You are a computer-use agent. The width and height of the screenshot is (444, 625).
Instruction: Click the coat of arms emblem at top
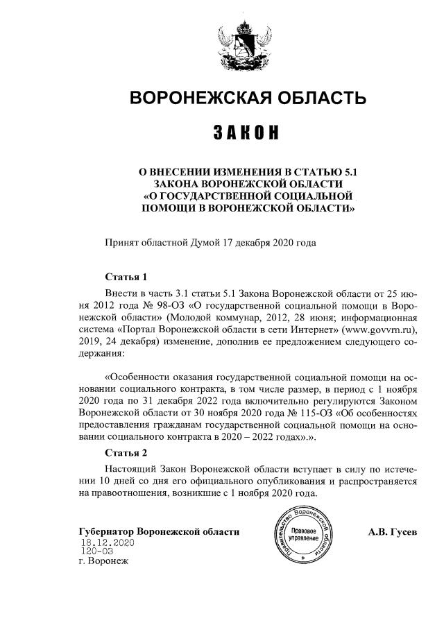(246, 45)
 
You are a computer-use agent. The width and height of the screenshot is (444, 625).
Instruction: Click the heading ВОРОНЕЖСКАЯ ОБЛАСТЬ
(247, 98)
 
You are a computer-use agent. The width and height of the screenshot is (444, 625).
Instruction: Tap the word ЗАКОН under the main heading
(246, 132)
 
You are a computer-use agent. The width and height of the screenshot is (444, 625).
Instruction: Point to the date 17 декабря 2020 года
(269, 243)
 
